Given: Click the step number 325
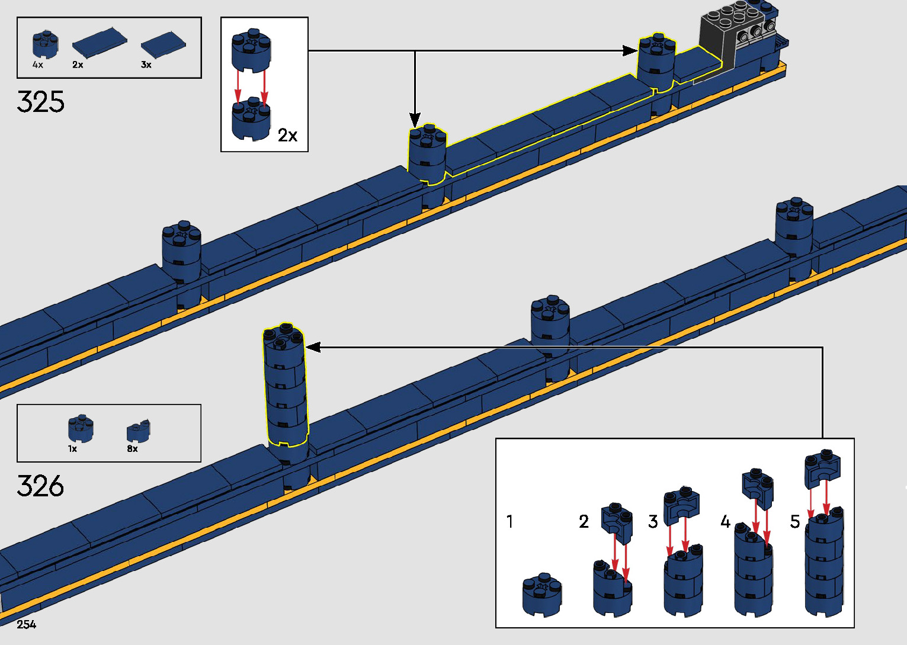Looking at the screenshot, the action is [40, 102].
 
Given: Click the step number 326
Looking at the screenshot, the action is [40, 486].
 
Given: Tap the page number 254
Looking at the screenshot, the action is [26, 625].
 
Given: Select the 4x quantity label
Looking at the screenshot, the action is [38, 65].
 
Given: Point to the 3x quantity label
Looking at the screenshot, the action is [146, 65].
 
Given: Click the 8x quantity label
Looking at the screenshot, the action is [132, 448].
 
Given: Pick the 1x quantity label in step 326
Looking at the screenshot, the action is [72, 448].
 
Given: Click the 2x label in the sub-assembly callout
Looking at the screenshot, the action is [287, 135].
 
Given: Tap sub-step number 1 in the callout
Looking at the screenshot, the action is [510, 521].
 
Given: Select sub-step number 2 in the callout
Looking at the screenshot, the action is [584, 521].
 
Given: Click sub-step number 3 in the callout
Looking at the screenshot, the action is [653, 521].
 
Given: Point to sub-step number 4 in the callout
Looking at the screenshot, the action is [725, 521].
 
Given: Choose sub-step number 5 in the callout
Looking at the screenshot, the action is [795, 521].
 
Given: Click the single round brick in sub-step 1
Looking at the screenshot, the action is [541, 595].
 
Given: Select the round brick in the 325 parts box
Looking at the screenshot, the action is [45, 44].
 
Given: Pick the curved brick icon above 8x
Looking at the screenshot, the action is [138, 431].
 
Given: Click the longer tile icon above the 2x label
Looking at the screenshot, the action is [100, 43].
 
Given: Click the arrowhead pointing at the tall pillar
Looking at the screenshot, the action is [313, 347].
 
